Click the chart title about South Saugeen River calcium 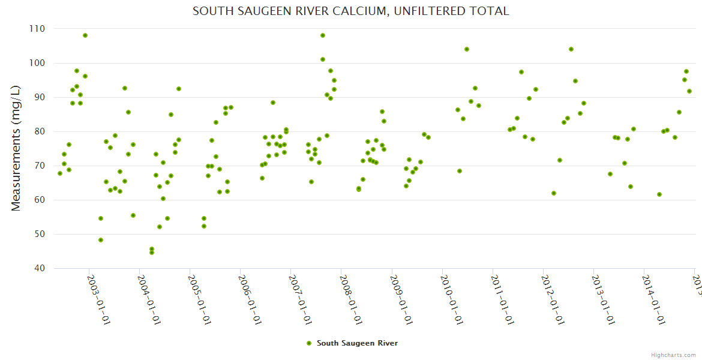350,11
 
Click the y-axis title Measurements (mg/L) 16,148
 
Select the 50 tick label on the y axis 40,234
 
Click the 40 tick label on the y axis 40,268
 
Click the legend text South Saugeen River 357,343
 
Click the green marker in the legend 309,343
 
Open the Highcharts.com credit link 674,355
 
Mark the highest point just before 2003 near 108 85,35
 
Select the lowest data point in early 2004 152,253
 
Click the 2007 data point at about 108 323,35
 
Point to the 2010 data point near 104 467,49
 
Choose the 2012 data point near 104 571,49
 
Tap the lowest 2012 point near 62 554,193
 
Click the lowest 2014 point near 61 659,194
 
